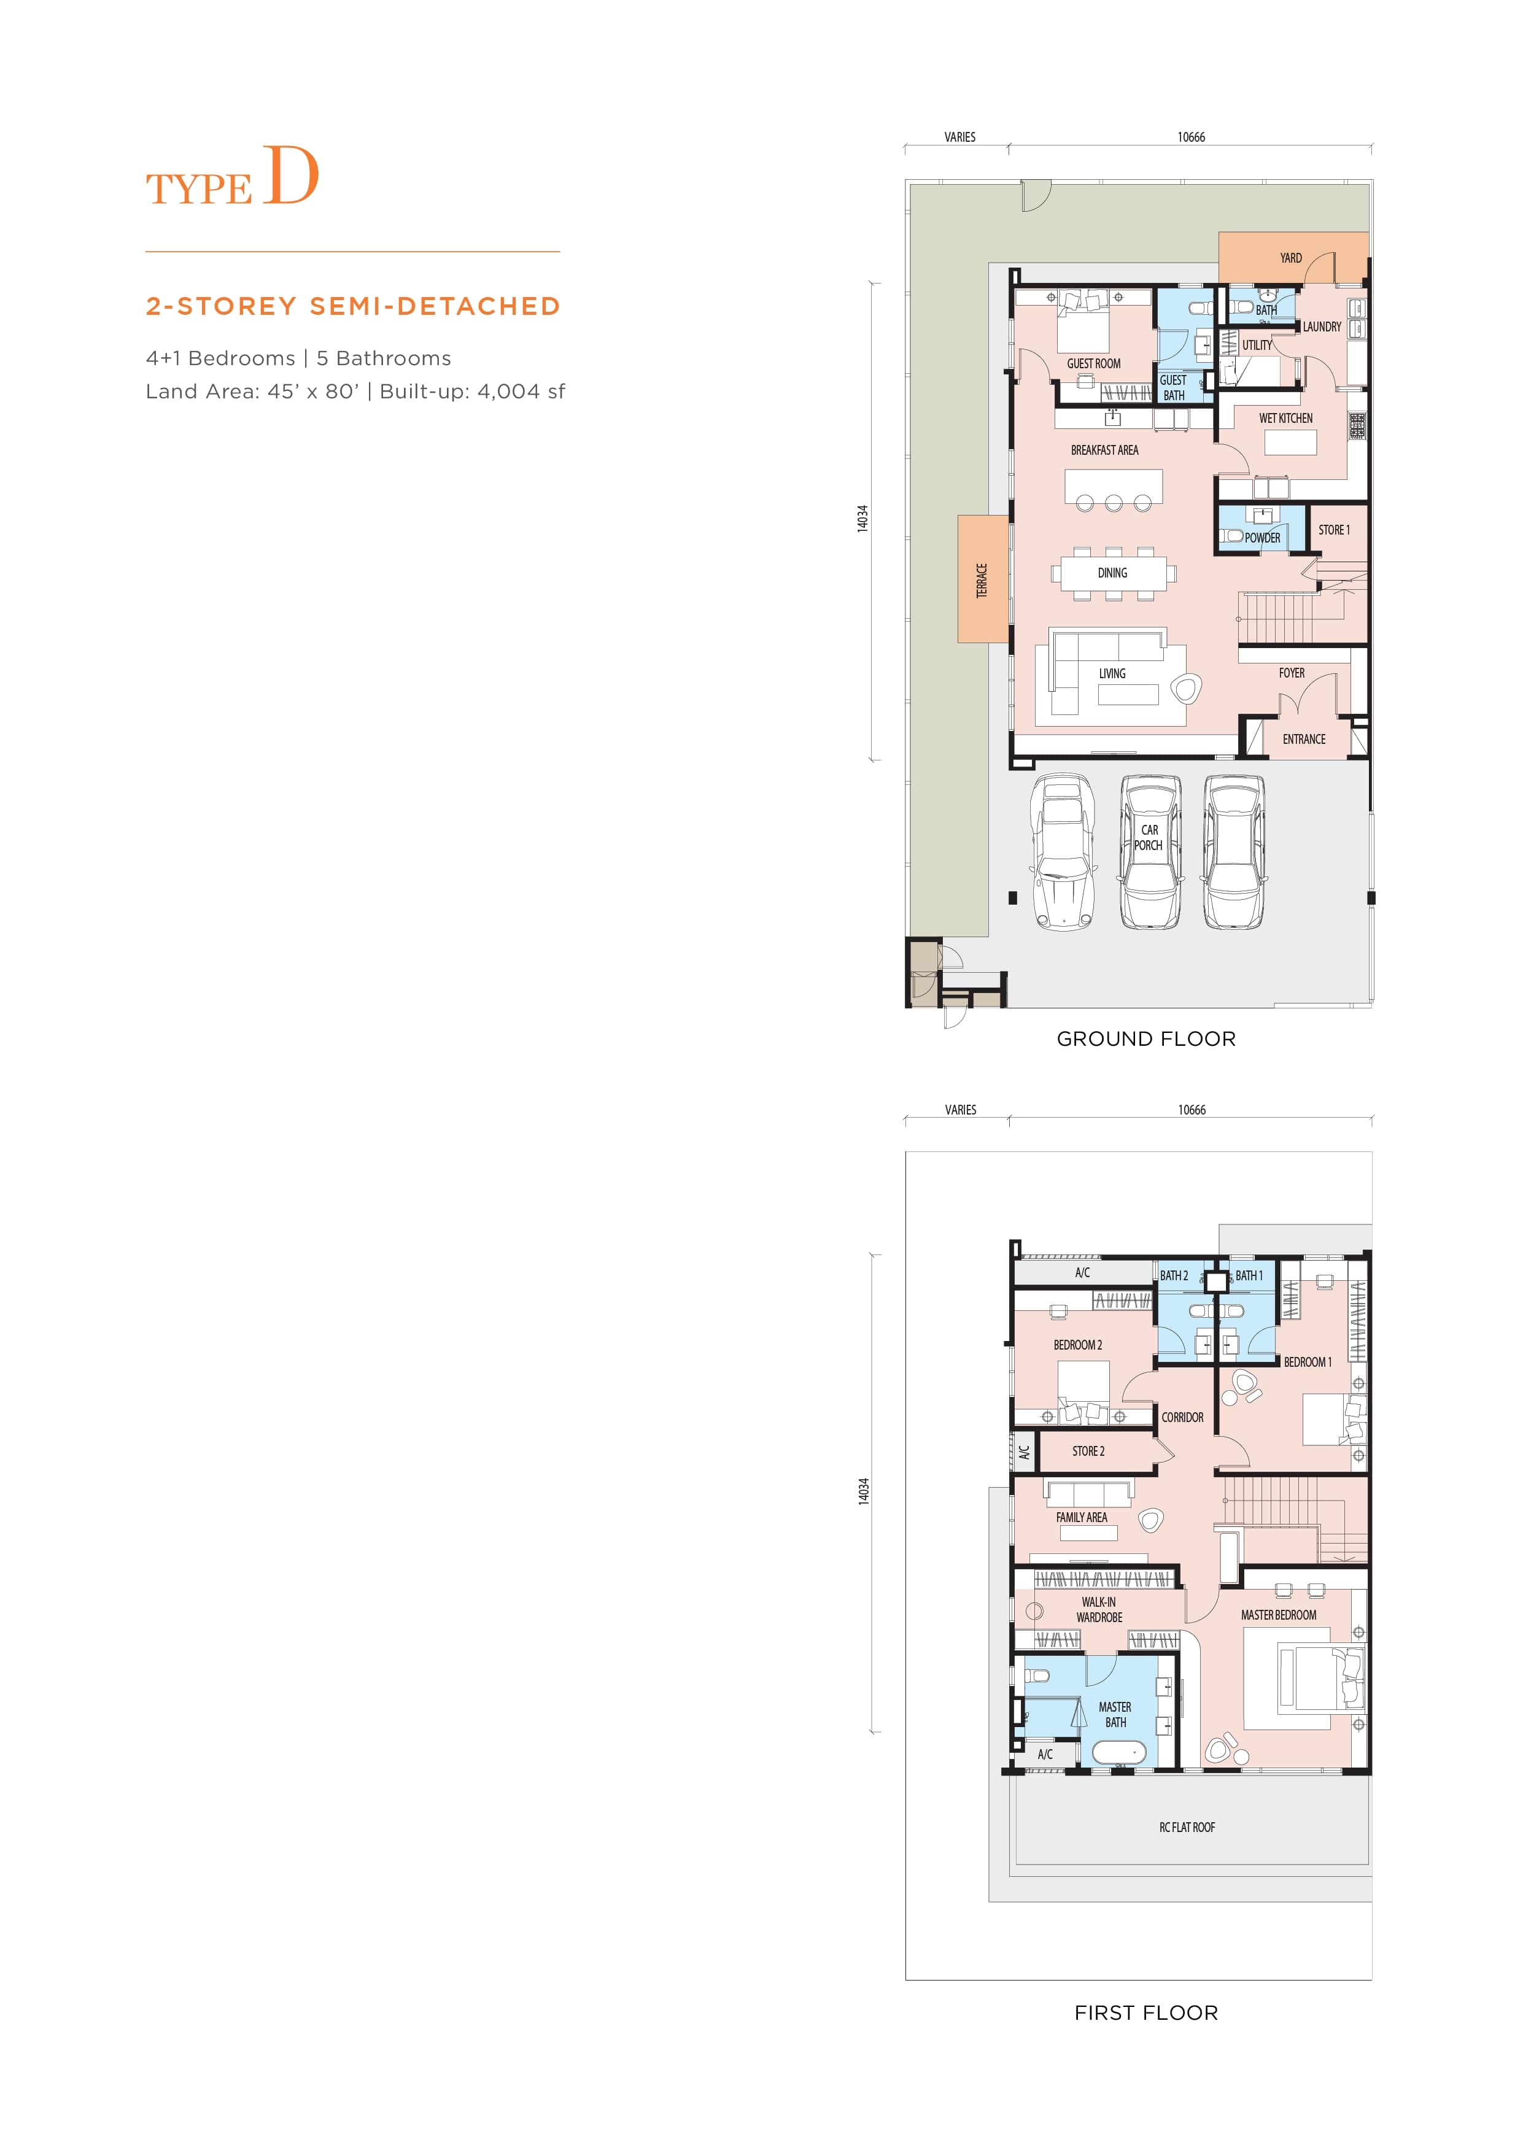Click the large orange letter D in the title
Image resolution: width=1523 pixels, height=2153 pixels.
pos(291,176)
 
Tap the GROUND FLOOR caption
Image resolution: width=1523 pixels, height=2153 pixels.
pos(1146,1039)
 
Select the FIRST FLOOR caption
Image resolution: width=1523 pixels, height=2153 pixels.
pos(1146,2012)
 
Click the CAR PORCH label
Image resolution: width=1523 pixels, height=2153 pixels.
pos(1149,837)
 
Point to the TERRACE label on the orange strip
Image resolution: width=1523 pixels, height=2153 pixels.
pos(982,581)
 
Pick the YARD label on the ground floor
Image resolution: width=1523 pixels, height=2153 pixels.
pos(1290,258)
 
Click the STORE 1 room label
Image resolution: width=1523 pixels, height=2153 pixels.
pos(1333,530)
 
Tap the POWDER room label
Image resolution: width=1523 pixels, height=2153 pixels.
pos(1262,537)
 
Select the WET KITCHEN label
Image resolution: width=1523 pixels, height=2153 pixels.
pos(1285,418)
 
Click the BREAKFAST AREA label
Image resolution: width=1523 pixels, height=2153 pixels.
pos(1105,450)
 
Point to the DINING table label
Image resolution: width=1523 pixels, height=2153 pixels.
pos(1112,573)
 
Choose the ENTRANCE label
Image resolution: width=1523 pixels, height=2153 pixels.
pos(1304,739)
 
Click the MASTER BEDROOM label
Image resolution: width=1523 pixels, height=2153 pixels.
pos(1278,1615)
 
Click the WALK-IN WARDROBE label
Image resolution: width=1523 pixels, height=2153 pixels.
pos(1099,1609)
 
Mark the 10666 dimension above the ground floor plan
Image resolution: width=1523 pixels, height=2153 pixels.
pos(1191,137)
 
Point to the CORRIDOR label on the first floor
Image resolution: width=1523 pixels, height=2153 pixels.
pos(1182,1417)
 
